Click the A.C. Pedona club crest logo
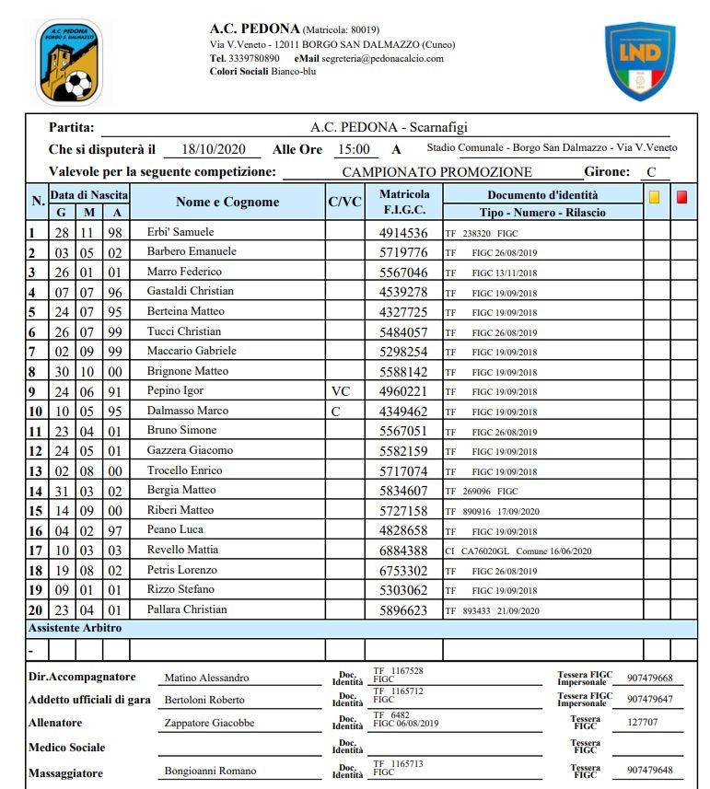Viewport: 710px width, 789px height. click(69, 62)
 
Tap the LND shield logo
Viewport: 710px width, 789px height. click(640, 60)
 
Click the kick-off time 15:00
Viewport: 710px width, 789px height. click(354, 149)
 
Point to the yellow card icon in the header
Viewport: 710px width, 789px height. click(654, 196)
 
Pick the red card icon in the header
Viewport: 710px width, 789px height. click(681, 196)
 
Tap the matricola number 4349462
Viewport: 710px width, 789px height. click(403, 412)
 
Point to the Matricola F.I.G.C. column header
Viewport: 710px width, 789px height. click(404, 202)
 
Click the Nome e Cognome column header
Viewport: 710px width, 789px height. click(227, 203)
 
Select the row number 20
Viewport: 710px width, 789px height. click(36, 610)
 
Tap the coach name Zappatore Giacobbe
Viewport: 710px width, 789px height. click(209, 724)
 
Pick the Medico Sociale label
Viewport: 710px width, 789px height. click(67, 748)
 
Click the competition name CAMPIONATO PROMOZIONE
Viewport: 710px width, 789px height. click(436, 171)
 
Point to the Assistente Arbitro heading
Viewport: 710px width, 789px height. click(75, 628)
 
